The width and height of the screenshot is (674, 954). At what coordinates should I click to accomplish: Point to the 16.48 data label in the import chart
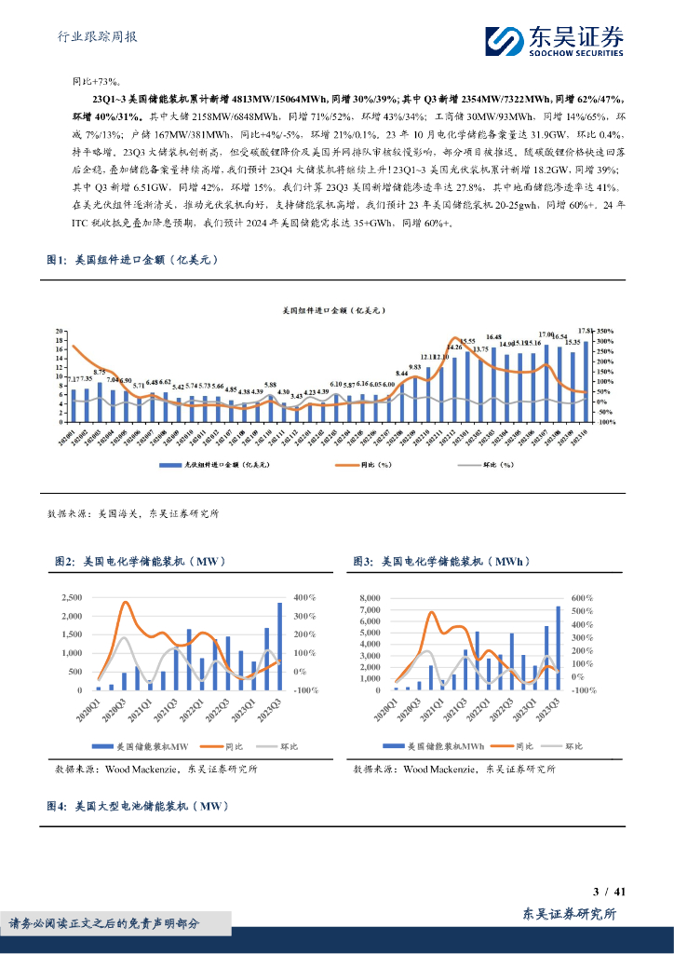click(494, 337)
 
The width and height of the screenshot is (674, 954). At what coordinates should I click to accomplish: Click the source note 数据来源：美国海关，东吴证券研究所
click(132, 513)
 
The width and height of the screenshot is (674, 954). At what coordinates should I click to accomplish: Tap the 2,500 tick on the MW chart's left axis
click(71, 597)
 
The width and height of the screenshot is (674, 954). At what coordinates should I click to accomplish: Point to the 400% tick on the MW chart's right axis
click(303, 597)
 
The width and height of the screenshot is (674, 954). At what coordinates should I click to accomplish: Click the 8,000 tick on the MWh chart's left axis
click(371, 597)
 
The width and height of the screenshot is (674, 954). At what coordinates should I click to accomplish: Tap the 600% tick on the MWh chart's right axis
click(583, 597)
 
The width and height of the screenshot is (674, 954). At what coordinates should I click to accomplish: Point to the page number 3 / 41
click(609, 892)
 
